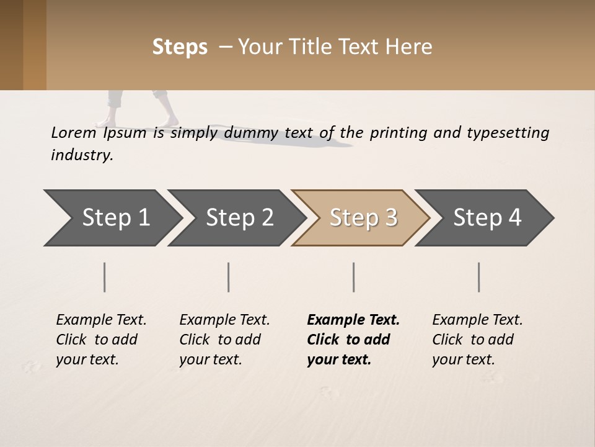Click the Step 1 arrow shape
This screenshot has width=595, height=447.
(x=112, y=218)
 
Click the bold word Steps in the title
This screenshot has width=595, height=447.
(x=180, y=47)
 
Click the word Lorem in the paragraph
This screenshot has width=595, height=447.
(x=73, y=132)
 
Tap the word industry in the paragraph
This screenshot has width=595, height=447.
(x=82, y=155)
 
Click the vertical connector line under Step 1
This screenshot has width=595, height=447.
(x=105, y=277)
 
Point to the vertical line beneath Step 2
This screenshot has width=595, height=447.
(x=229, y=277)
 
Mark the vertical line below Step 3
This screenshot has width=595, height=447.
(x=354, y=277)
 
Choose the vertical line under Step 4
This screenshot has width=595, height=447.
(x=479, y=277)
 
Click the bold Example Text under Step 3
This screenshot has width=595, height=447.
(x=353, y=339)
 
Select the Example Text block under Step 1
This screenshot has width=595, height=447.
(x=101, y=339)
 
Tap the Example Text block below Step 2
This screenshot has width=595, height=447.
(x=224, y=339)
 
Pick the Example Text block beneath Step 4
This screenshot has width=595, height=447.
(x=477, y=339)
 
